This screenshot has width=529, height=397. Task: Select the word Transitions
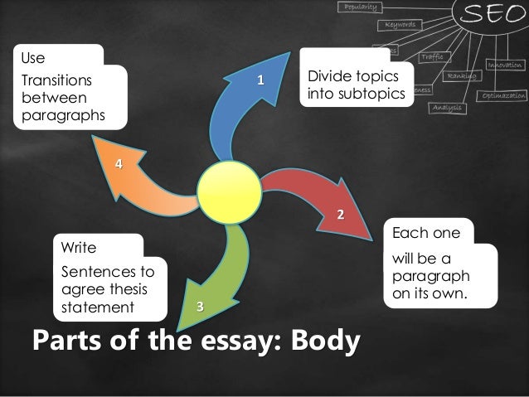56,82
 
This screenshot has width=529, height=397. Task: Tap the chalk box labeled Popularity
358,7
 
